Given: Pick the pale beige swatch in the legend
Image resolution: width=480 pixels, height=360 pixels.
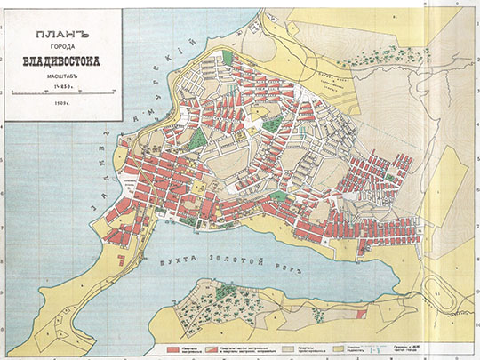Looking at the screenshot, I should pyautogui.click(x=287, y=341).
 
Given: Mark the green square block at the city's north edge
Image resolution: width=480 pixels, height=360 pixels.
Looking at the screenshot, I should pyautogui.click(x=228, y=57).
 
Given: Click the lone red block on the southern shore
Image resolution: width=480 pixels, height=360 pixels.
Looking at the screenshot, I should pyautogui.click(x=359, y=313).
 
